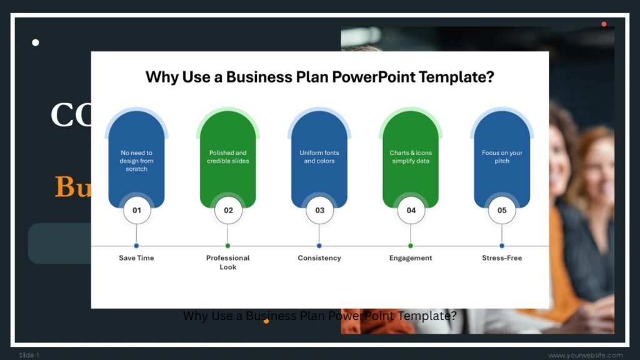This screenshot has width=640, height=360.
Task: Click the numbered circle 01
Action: [x=136, y=211]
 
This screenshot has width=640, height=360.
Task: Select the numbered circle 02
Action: [x=228, y=211]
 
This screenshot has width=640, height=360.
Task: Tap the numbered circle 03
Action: [x=319, y=211]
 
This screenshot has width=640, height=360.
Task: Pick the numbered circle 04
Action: [x=411, y=211]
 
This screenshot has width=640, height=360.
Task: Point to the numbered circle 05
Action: [x=502, y=211]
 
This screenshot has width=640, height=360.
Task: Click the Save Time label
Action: [x=136, y=258]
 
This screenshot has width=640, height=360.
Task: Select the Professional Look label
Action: [x=228, y=262]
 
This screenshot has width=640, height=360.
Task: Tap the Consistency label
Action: [x=319, y=258]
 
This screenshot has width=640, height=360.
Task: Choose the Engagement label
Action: [x=411, y=258]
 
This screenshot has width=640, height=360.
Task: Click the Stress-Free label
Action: [x=502, y=258]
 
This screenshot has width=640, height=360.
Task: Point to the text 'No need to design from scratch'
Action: [x=136, y=161]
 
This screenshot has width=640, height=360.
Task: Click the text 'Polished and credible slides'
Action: [x=228, y=157]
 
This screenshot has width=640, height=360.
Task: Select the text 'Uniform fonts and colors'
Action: [x=319, y=157]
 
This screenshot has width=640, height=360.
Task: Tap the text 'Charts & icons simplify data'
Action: [x=411, y=157]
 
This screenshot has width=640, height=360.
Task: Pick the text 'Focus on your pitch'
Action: [x=502, y=157]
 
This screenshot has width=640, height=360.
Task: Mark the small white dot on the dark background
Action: [x=36, y=42]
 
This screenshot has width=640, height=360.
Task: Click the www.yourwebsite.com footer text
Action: [x=586, y=355]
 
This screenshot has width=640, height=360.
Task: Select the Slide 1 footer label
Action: [x=29, y=355]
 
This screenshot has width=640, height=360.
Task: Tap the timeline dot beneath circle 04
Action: [x=411, y=246]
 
